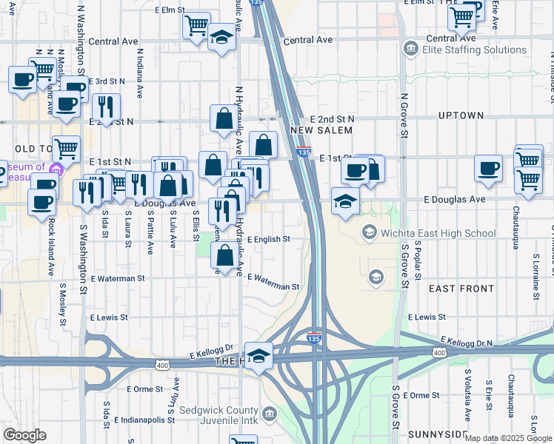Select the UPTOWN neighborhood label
pos(461,116)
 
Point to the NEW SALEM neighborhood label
pos(319,130)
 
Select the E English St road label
pos(268,240)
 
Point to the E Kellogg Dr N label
pos(467,342)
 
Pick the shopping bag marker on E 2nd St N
pos(224,118)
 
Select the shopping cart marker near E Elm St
pos(196,27)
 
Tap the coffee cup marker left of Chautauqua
pos(488,169)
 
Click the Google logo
pos(24,436)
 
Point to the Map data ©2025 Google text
pos(508,438)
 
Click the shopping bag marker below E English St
pos(225,256)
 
